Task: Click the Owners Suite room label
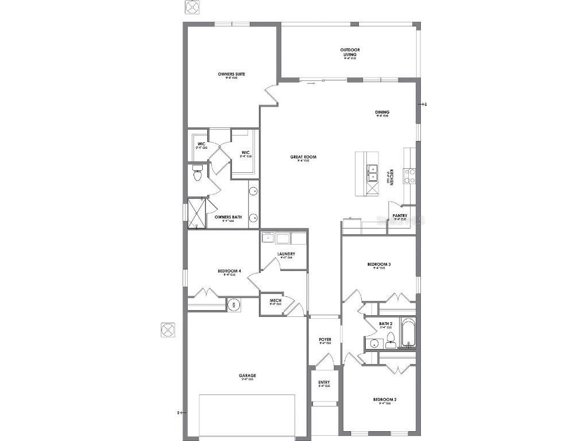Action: [x=231, y=74]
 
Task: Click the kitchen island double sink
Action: [x=372, y=173]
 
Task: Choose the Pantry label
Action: [x=400, y=216]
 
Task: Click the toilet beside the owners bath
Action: [x=197, y=173]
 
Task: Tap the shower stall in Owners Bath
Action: [x=196, y=213]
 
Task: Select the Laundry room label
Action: [x=286, y=254]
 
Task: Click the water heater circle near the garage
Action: [x=234, y=304]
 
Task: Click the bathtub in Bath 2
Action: [x=408, y=332]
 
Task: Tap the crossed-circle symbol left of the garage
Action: [x=168, y=330]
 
